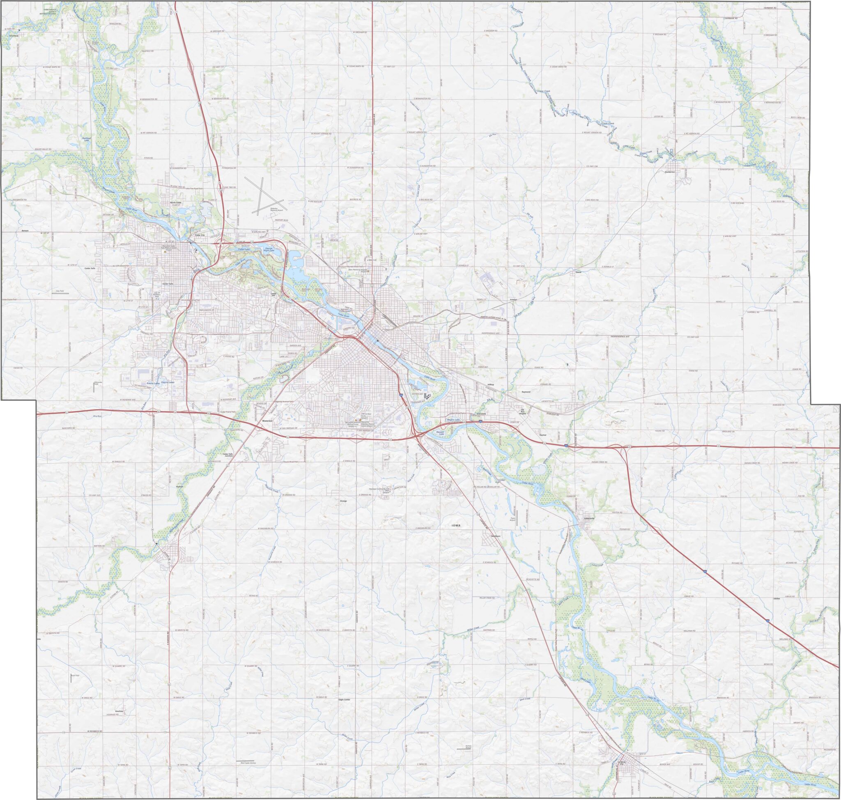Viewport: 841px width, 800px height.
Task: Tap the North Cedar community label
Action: click(176, 202)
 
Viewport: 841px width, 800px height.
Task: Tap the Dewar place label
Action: click(578, 271)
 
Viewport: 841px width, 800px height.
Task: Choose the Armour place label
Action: click(513, 299)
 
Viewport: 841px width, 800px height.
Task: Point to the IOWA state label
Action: click(456, 526)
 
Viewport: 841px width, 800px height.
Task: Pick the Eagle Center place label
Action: click(344, 699)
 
